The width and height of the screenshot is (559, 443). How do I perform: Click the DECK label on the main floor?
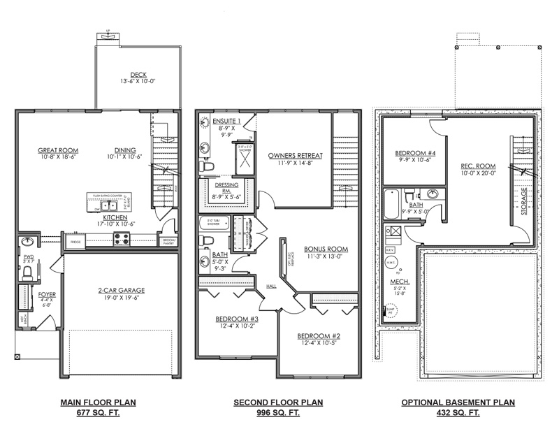pos(138,75)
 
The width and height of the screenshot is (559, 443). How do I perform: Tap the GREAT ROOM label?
pos(58,150)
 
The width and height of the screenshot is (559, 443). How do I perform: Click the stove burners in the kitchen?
pos(121,239)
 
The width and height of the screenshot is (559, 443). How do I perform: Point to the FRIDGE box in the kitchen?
pos(75,242)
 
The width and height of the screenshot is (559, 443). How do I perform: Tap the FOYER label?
pos(46,294)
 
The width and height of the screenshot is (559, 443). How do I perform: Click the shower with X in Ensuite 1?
pos(244,161)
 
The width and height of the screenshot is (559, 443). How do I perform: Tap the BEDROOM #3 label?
pos(236,319)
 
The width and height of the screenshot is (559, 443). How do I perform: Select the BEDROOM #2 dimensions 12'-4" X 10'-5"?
pos(318,343)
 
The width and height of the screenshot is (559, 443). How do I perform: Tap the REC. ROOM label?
pos(478,166)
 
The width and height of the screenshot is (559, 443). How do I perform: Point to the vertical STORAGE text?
pos(523,200)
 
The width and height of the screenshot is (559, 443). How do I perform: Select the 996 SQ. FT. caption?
pos(278,413)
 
